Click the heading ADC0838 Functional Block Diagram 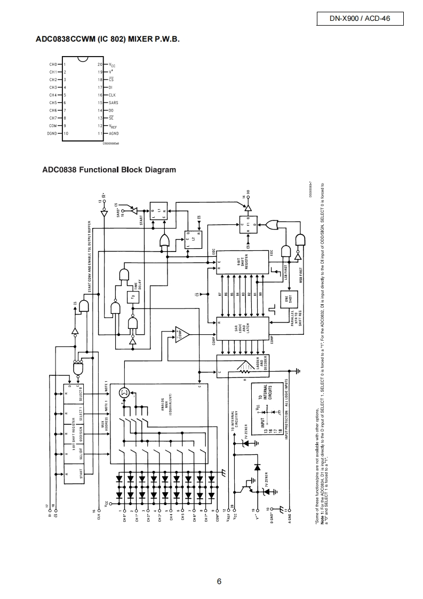point(109,170)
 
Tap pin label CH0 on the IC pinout point(53,64)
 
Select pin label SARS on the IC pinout point(113,103)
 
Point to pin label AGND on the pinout point(114,133)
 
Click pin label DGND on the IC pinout point(52,133)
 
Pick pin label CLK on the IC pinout point(112,94)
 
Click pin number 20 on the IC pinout point(100,64)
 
